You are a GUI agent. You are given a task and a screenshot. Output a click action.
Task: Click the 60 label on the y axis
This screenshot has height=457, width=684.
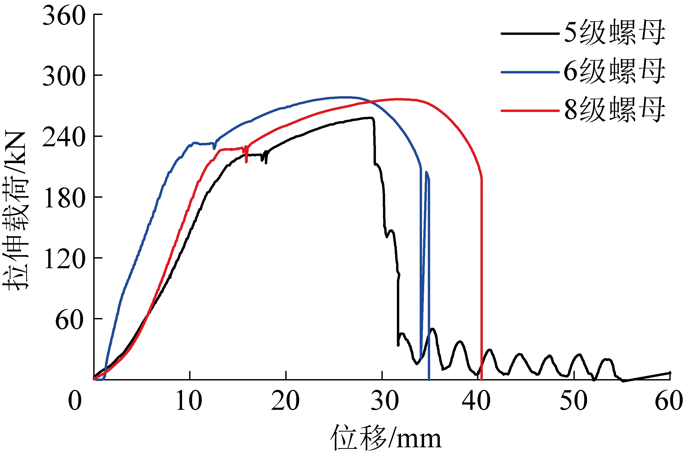[x=70, y=320]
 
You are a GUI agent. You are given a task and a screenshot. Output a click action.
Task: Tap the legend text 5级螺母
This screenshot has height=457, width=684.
[x=614, y=33]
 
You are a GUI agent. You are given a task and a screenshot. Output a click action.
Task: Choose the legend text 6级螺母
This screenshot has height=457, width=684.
[x=614, y=71]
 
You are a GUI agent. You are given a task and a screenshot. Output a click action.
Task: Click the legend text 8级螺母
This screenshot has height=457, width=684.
[x=614, y=110]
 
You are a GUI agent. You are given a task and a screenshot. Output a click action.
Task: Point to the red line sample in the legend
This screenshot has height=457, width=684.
[x=530, y=111]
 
